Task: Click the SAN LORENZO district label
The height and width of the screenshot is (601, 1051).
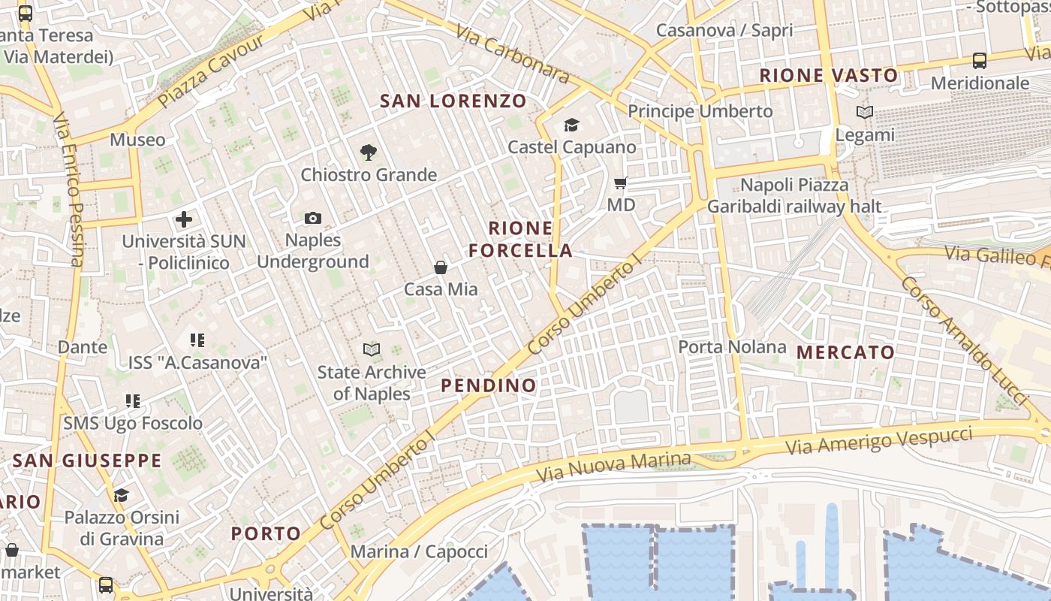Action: tap(453, 101)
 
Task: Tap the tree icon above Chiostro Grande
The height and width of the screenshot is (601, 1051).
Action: tap(368, 153)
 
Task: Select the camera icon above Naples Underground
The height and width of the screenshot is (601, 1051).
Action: tap(313, 219)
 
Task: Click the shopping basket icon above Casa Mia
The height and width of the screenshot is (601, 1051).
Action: tap(441, 267)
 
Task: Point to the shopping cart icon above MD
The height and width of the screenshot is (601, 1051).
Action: tap(620, 183)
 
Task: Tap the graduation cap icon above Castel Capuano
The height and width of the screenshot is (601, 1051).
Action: tap(571, 125)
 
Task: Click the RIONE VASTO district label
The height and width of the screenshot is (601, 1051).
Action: tap(828, 75)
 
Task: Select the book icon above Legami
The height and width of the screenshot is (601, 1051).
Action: tap(865, 113)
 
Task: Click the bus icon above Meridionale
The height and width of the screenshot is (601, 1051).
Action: tap(979, 61)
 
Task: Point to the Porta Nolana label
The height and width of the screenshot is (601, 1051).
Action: tap(732, 347)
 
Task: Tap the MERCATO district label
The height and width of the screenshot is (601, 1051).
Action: tap(845, 352)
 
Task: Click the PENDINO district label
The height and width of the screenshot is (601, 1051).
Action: tap(489, 386)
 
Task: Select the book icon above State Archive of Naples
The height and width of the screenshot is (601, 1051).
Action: tap(371, 349)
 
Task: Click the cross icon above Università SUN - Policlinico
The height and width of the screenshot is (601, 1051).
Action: tap(184, 219)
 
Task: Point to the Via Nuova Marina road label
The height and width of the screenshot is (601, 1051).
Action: tap(613, 467)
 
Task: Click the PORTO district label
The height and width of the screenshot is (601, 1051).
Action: tap(266, 534)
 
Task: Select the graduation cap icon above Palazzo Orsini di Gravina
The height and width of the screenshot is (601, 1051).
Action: tap(121, 495)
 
